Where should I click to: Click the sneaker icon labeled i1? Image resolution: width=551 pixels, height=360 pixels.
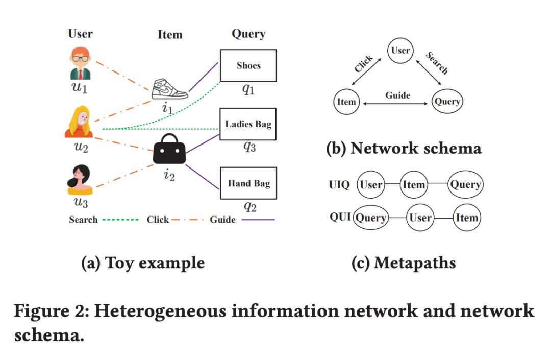tap(170, 89)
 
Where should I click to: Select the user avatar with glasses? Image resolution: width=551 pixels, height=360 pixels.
tap(80, 64)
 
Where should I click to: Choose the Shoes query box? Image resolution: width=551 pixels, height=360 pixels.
tap(248, 65)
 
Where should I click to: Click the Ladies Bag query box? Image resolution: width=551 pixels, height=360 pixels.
tap(248, 124)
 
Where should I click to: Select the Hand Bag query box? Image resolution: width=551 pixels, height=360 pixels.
tap(248, 183)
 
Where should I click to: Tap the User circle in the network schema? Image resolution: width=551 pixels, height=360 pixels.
tap(400, 51)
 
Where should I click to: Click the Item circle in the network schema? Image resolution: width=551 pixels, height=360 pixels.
tap(346, 102)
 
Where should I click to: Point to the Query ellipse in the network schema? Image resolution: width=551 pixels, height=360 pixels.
tap(447, 101)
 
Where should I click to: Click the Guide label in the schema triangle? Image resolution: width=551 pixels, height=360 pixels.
tap(397, 95)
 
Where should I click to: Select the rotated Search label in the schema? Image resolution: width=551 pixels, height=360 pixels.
tap(437, 63)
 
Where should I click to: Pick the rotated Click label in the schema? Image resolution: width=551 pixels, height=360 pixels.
tap(364, 64)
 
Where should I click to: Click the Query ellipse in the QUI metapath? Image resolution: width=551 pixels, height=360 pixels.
tap(370, 218)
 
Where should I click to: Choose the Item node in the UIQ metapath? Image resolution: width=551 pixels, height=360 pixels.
tap(414, 184)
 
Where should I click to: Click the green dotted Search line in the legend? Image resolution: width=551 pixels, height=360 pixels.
tap(120, 220)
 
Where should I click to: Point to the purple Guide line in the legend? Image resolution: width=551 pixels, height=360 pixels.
tap(258, 220)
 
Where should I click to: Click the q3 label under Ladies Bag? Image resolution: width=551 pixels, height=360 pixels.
tap(249, 147)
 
